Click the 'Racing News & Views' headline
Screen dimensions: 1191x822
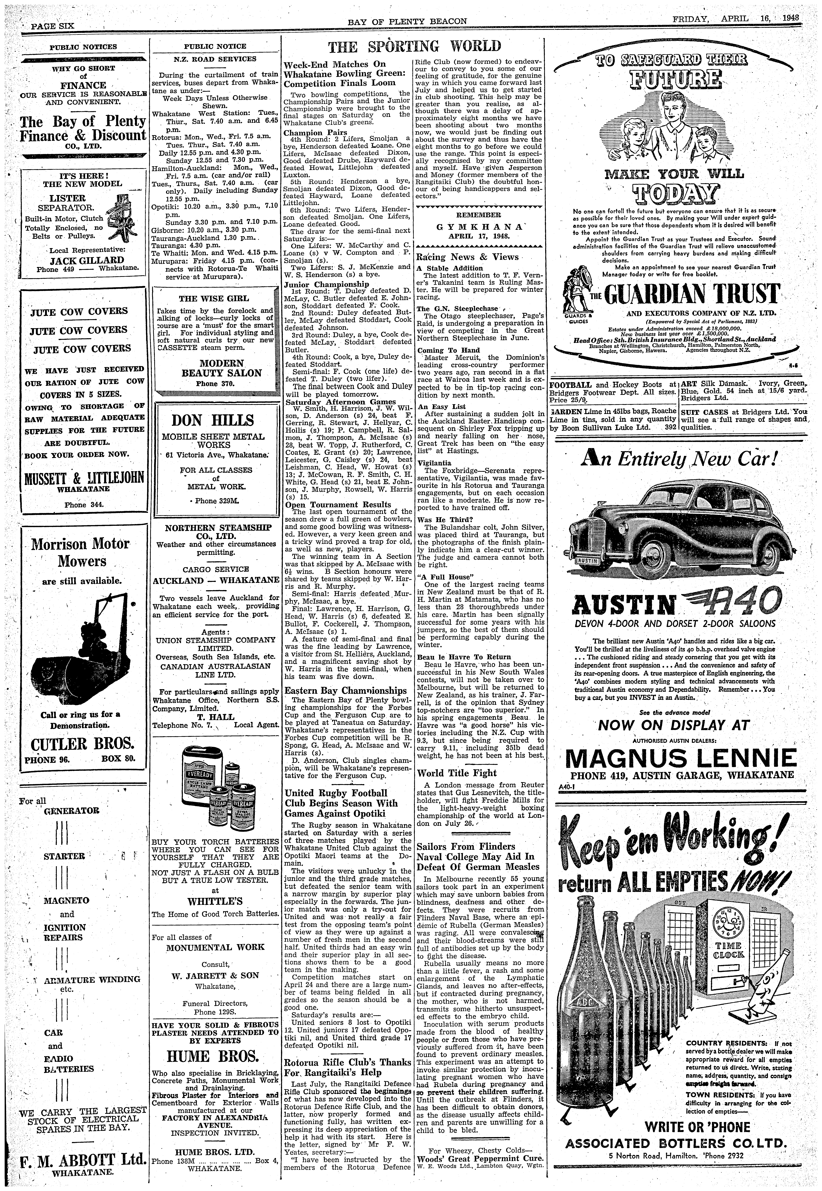pyautogui.click(x=467, y=257)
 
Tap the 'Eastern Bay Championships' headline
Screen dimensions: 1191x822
pyautogui.click(x=346, y=691)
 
